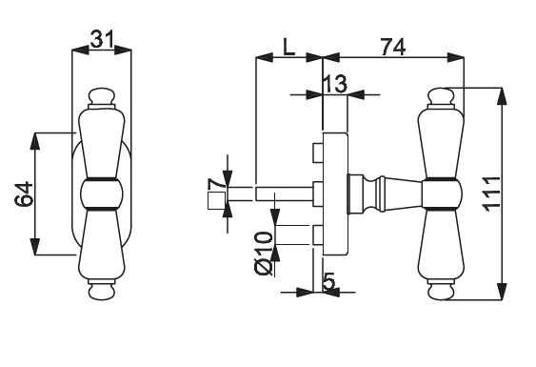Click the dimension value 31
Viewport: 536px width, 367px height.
tap(102, 39)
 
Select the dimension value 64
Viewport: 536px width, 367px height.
tap(24, 194)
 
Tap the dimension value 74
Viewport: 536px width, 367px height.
tap(393, 47)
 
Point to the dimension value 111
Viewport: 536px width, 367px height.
tap(491, 194)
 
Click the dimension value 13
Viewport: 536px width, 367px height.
tap(335, 84)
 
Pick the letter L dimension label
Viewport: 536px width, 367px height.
tap(288, 47)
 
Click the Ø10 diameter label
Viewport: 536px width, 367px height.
tap(264, 254)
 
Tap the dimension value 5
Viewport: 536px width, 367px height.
tap(328, 281)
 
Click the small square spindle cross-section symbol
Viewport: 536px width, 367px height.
tap(217, 200)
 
